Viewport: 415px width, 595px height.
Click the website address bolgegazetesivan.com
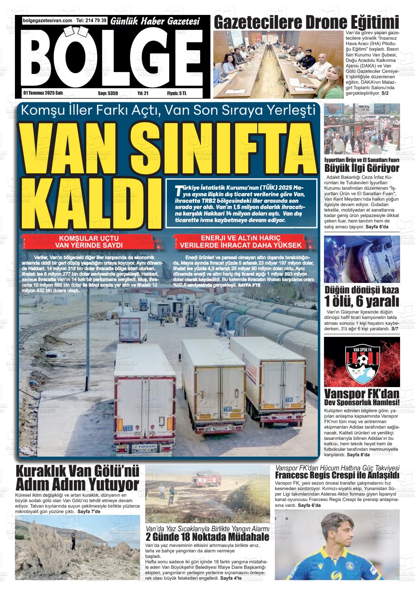pos(47,21)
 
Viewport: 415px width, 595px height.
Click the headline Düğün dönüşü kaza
pos(361,290)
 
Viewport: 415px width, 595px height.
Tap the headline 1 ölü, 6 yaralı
pos(361,302)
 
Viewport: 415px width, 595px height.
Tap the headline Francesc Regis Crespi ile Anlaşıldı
pos(337,475)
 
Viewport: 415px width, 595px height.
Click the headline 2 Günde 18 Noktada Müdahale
pos(207,537)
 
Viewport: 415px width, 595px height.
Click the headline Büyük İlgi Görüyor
pos(361,169)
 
